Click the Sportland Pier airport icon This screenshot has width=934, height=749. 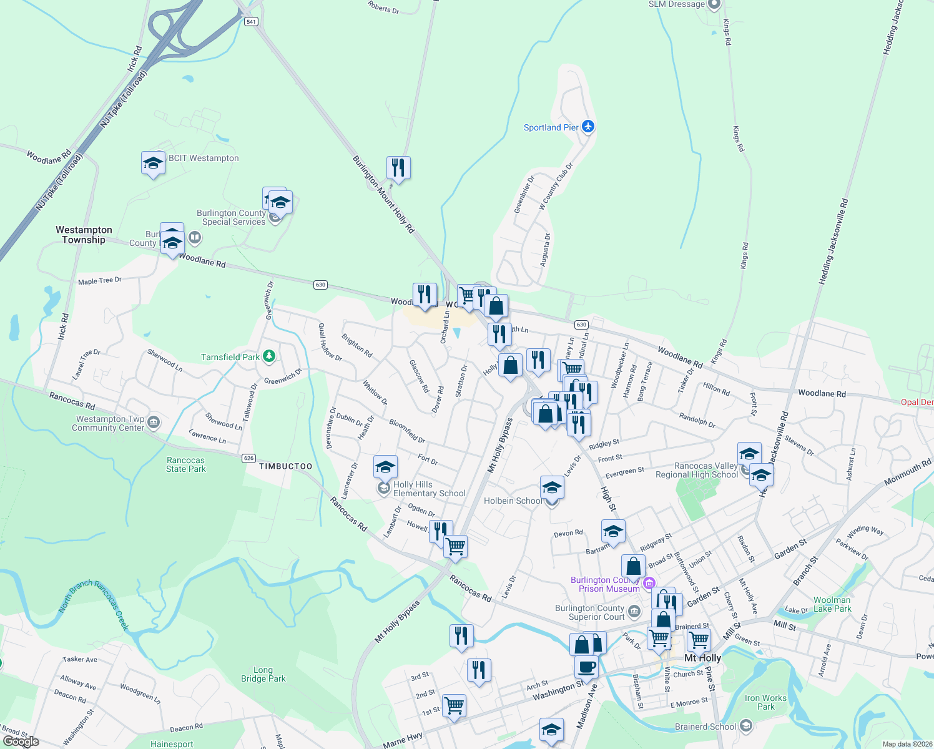click(x=587, y=127)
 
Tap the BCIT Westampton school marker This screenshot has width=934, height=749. click(x=153, y=164)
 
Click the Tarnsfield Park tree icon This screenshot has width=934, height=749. click(x=269, y=356)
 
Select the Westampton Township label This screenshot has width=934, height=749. click(x=84, y=235)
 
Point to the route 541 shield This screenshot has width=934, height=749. click(x=251, y=21)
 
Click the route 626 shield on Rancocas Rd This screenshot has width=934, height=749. click(x=248, y=458)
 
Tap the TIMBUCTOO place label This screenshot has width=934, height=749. click(x=285, y=466)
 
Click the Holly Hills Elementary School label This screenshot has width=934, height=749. click(x=429, y=489)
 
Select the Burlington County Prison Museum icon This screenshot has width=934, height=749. click(x=649, y=583)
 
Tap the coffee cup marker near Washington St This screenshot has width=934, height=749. click(x=586, y=667)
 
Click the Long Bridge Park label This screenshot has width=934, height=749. click(x=263, y=674)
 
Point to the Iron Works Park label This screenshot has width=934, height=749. click(x=765, y=702)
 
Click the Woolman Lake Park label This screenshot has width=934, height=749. click(x=832, y=604)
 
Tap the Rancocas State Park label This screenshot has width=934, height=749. click(x=185, y=464)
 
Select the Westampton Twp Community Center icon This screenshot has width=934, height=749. click(x=154, y=423)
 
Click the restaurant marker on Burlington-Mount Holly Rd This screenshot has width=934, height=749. click(x=398, y=168)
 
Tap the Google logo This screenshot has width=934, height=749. click(x=21, y=742)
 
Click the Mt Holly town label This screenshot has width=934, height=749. click(x=702, y=658)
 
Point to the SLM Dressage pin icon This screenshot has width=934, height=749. click(x=714, y=5)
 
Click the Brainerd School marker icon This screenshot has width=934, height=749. click(x=745, y=726)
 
